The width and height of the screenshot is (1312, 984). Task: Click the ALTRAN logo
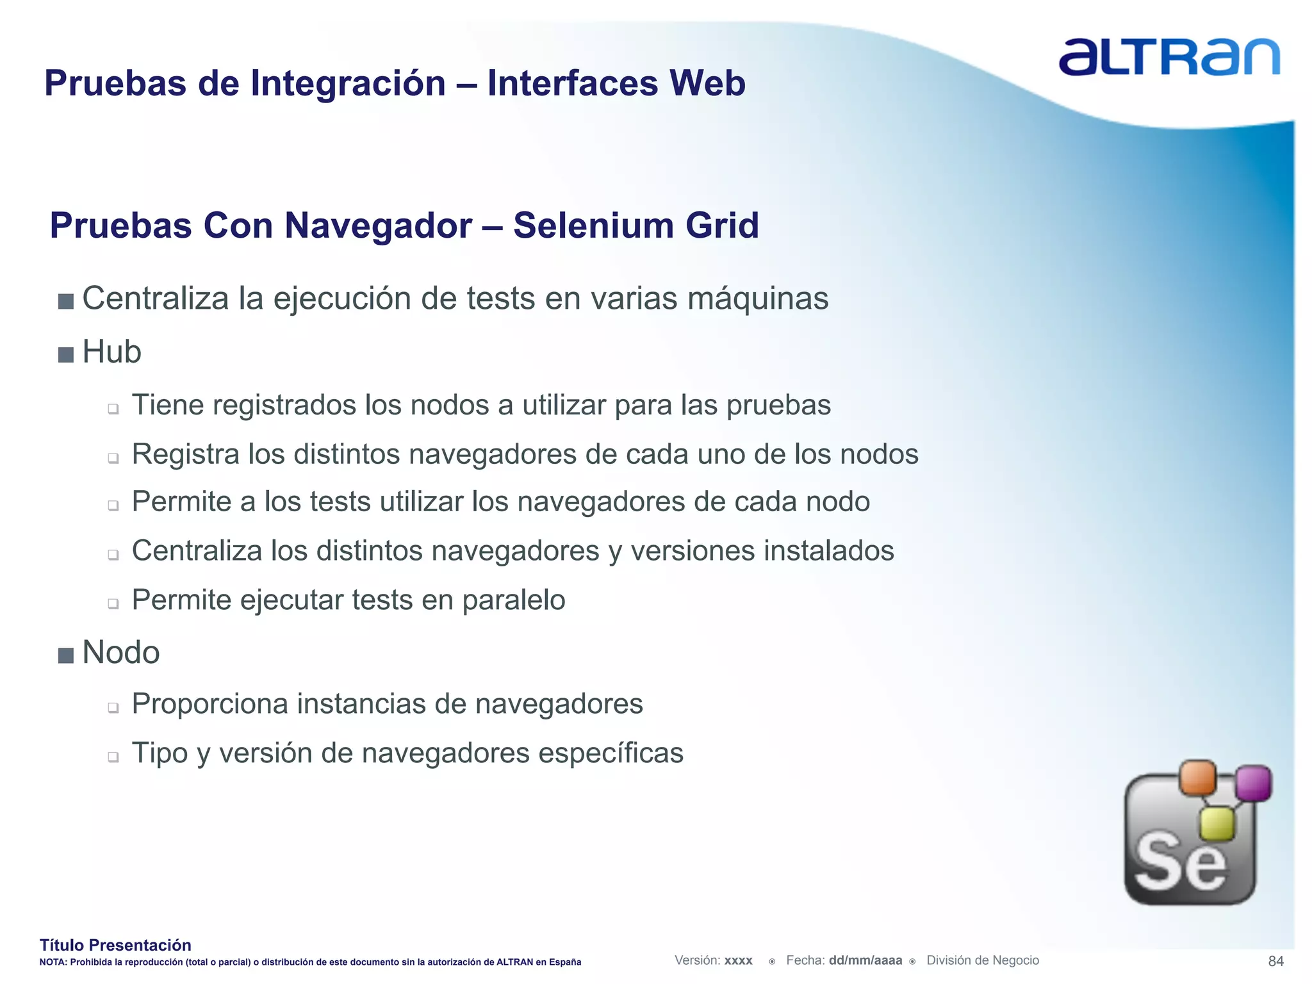(1169, 58)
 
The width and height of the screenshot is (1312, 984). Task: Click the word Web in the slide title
(707, 83)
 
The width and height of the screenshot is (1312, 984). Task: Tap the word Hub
(111, 352)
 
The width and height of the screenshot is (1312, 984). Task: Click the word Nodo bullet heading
(121, 653)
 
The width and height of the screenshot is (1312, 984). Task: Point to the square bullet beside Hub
(65, 354)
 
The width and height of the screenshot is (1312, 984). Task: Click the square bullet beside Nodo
(65, 655)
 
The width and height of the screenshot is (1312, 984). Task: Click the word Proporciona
(209, 703)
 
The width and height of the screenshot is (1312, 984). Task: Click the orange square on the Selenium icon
(1197, 778)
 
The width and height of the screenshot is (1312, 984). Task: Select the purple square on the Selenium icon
(1253, 783)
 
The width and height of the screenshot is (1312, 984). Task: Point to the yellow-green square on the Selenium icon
(1217, 823)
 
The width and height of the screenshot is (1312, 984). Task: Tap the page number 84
(1275, 961)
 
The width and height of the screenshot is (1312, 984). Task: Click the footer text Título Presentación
(115, 945)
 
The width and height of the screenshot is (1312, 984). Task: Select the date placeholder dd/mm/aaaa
(865, 960)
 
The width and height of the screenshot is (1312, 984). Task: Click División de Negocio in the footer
(982, 960)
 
